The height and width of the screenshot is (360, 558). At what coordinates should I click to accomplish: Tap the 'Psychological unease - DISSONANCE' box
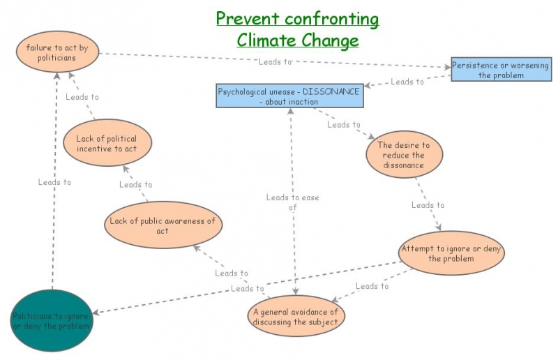tap(290, 96)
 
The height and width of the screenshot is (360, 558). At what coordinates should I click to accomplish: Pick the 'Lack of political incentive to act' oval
tap(106, 144)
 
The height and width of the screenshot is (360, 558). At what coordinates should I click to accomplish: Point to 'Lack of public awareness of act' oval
tap(163, 225)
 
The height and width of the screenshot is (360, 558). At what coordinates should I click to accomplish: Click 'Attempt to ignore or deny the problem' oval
tap(451, 253)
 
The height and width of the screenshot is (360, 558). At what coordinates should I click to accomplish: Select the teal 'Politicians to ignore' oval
tap(52, 321)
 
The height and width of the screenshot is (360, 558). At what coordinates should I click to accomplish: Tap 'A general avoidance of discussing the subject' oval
tap(296, 317)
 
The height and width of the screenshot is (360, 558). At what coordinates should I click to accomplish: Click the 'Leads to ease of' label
tap(292, 202)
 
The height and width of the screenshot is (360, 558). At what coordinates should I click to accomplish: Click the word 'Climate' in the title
tap(269, 40)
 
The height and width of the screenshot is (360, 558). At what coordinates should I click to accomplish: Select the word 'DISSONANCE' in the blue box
tap(331, 91)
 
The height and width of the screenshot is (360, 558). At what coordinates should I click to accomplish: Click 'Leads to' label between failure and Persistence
tap(275, 61)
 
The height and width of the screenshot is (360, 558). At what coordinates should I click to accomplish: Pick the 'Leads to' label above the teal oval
tap(54, 182)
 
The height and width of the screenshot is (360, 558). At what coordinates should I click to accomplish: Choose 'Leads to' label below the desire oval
tap(428, 205)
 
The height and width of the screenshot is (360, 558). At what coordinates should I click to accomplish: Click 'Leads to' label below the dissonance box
tap(344, 125)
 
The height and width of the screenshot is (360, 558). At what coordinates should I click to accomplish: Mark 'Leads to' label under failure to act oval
tap(82, 97)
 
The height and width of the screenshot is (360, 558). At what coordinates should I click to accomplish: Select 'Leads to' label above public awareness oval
tap(135, 185)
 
